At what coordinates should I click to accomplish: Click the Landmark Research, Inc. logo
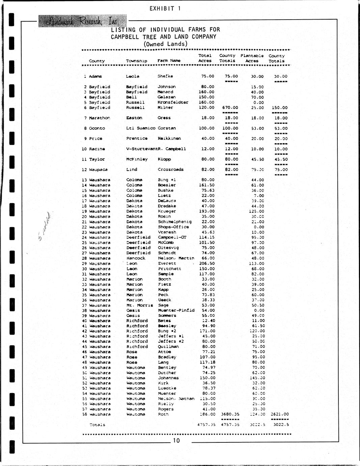pos(82,21)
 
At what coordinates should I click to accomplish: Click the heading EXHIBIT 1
pos(165,8)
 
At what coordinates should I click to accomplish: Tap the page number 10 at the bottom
pos(176,440)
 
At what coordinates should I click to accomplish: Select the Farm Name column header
pos(169,61)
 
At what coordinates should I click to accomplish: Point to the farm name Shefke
pos(165,76)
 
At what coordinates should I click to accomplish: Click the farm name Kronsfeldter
pos(173,102)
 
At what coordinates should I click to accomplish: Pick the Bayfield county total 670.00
pos(230,108)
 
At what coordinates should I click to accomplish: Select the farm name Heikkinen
pos(169,138)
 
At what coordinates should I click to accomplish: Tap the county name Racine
pos(97,149)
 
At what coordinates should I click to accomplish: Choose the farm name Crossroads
pos(170,170)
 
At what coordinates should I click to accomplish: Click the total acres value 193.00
pos(206,211)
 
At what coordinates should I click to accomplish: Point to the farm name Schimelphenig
pos(174,222)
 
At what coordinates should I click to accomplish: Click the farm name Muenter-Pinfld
pos(176,310)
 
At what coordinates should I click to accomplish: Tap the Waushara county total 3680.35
pos(230,414)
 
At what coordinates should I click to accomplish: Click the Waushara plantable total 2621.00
pos(279,414)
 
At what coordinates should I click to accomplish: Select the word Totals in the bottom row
pos(97,425)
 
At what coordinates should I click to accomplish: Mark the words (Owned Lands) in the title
pos(165,44)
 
